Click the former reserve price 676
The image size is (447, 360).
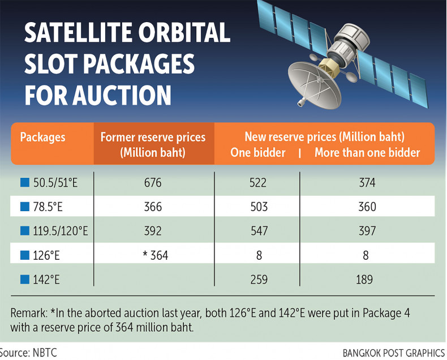pyautogui.click(x=153, y=183)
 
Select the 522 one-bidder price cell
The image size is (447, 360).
pyautogui.click(x=257, y=183)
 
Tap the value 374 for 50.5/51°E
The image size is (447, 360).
pyautogui.click(x=367, y=183)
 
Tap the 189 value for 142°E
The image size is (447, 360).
pyautogui.click(x=367, y=279)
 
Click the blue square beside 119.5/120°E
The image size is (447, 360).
pyautogui.click(x=24, y=231)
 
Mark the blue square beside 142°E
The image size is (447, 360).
pyautogui.click(x=24, y=279)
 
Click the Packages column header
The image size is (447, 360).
pyautogui.click(x=42, y=137)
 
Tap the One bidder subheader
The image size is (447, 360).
pyautogui.click(x=257, y=152)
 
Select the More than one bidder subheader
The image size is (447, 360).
pyautogui.click(x=367, y=152)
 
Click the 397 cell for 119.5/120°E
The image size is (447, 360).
pyautogui.click(x=367, y=231)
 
